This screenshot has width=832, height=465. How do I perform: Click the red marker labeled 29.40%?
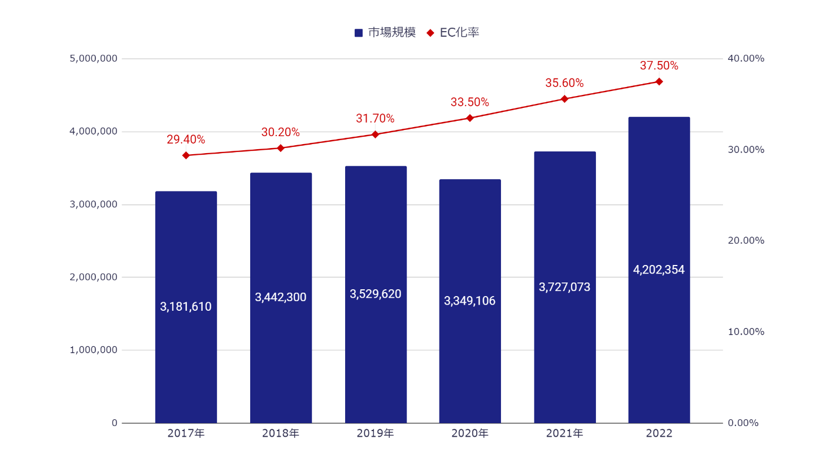(186, 155)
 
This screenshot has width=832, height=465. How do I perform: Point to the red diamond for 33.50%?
(470, 118)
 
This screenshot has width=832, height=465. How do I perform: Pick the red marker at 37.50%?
(659, 82)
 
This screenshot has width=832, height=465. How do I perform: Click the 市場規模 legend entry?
(385, 33)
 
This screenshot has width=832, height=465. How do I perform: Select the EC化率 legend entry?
(453, 33)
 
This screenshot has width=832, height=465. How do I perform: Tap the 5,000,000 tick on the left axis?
(94, 59)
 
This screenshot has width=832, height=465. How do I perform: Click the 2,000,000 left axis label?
(94, 277)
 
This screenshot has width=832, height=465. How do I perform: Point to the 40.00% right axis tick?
(746, 59)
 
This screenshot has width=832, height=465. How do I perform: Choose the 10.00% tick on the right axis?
(746, 332)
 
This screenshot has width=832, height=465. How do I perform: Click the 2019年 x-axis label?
(375, 433)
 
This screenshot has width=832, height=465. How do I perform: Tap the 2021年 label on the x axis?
(564, 433)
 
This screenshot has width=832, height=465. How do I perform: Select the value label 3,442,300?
(281, 297)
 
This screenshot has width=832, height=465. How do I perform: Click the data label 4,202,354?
(659, 270)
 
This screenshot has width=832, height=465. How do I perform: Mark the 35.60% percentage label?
(564, 83)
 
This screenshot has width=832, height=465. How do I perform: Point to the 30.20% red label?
(281, 132)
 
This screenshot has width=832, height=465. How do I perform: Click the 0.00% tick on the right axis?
(743, 423)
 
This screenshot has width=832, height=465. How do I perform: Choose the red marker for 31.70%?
(375, 134)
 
